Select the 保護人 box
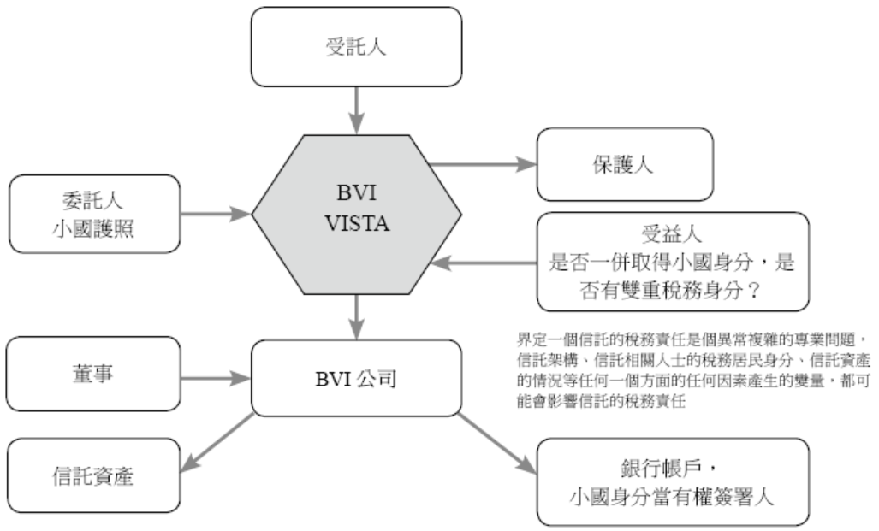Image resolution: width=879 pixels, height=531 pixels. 624,164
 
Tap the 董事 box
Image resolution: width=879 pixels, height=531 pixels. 94,375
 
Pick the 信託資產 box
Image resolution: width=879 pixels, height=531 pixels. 94,475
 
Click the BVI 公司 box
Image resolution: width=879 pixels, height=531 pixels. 358,377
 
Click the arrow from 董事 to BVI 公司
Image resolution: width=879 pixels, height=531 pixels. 214,375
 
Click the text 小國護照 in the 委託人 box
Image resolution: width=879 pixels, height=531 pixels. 94,227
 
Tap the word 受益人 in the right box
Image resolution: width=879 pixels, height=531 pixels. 672,232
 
